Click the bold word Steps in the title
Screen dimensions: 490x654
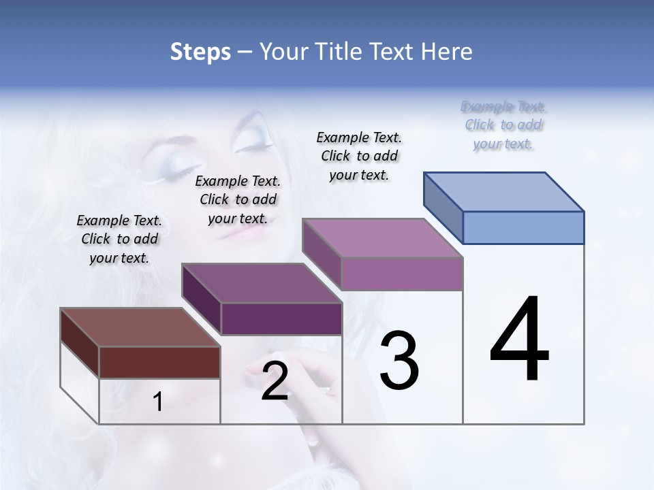(200, 52)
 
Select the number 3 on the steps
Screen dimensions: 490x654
(399, 361)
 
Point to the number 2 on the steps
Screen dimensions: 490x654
(275, 382)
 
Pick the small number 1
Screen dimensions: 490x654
(158, 402)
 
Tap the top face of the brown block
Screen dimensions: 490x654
(140, 327)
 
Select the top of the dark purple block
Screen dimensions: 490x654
(262, 283)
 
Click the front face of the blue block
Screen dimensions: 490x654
(523, 227)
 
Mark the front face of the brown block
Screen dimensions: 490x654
(159, 362)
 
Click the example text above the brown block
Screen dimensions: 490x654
(119, 239)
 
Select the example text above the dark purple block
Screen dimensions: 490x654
(238, 199)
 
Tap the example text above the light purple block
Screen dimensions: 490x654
(359, 156)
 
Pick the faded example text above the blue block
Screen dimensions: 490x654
(503, 125)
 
